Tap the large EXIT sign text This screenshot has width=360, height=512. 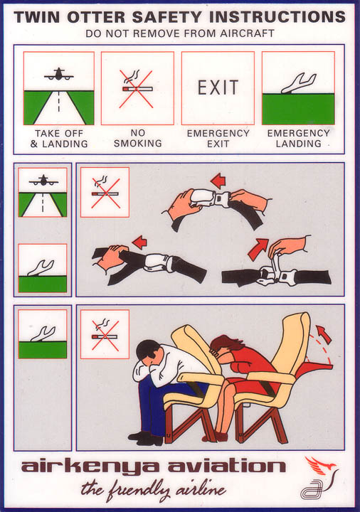(218, 87)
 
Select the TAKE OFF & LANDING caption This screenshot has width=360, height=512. (59, 139)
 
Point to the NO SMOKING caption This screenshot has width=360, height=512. (137, 138)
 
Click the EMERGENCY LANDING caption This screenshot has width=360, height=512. (298, 138)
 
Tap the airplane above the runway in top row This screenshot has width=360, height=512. (59, 75)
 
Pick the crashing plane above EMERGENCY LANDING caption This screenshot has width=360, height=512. (299, 84)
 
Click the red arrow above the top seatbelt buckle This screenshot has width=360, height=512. (218, 181)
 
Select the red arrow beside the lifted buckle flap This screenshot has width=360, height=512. (258, 249)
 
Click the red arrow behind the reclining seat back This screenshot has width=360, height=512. (324, 334)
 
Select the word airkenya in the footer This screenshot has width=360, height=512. (92, 467)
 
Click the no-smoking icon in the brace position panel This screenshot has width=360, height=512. (105, 334)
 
